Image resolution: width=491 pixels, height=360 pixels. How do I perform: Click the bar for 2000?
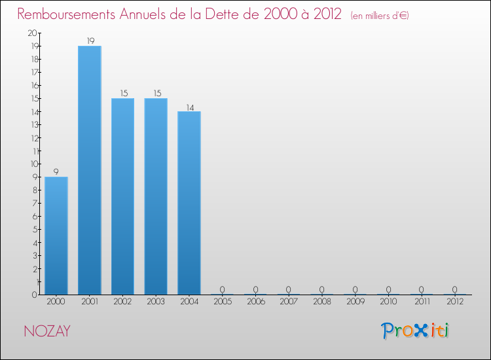[x=56, y=236]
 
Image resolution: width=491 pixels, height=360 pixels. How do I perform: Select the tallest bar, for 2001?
[x=90, y=170]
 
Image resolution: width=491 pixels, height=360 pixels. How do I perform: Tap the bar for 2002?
[x=122, y=196]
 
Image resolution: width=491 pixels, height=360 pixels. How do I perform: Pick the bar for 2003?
[x=156, y=196]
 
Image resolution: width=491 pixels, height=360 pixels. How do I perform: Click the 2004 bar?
[x=189, y=203]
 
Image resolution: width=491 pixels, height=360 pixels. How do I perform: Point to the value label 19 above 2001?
[x=90, y=41]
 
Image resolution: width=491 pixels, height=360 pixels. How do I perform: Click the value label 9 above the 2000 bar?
[x=56, y=172]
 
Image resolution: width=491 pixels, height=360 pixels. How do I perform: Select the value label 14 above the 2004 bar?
[x=189, y=107]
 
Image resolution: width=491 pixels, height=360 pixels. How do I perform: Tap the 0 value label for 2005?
[x=223, y=289]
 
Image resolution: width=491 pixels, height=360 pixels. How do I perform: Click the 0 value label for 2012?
[x=454, y=289]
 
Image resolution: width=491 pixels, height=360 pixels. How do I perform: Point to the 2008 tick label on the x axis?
[x=322, y=302]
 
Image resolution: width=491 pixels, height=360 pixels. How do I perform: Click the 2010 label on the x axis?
[x=388, y=302]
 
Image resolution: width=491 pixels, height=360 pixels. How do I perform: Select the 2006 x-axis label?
[x=255, y=302]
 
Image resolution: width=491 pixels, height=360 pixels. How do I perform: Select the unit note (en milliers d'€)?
[x=379, y=16]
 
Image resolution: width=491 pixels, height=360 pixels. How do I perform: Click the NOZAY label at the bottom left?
[x=47, y=331]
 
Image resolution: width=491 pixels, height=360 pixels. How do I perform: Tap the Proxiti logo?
[x=416, y=331]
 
